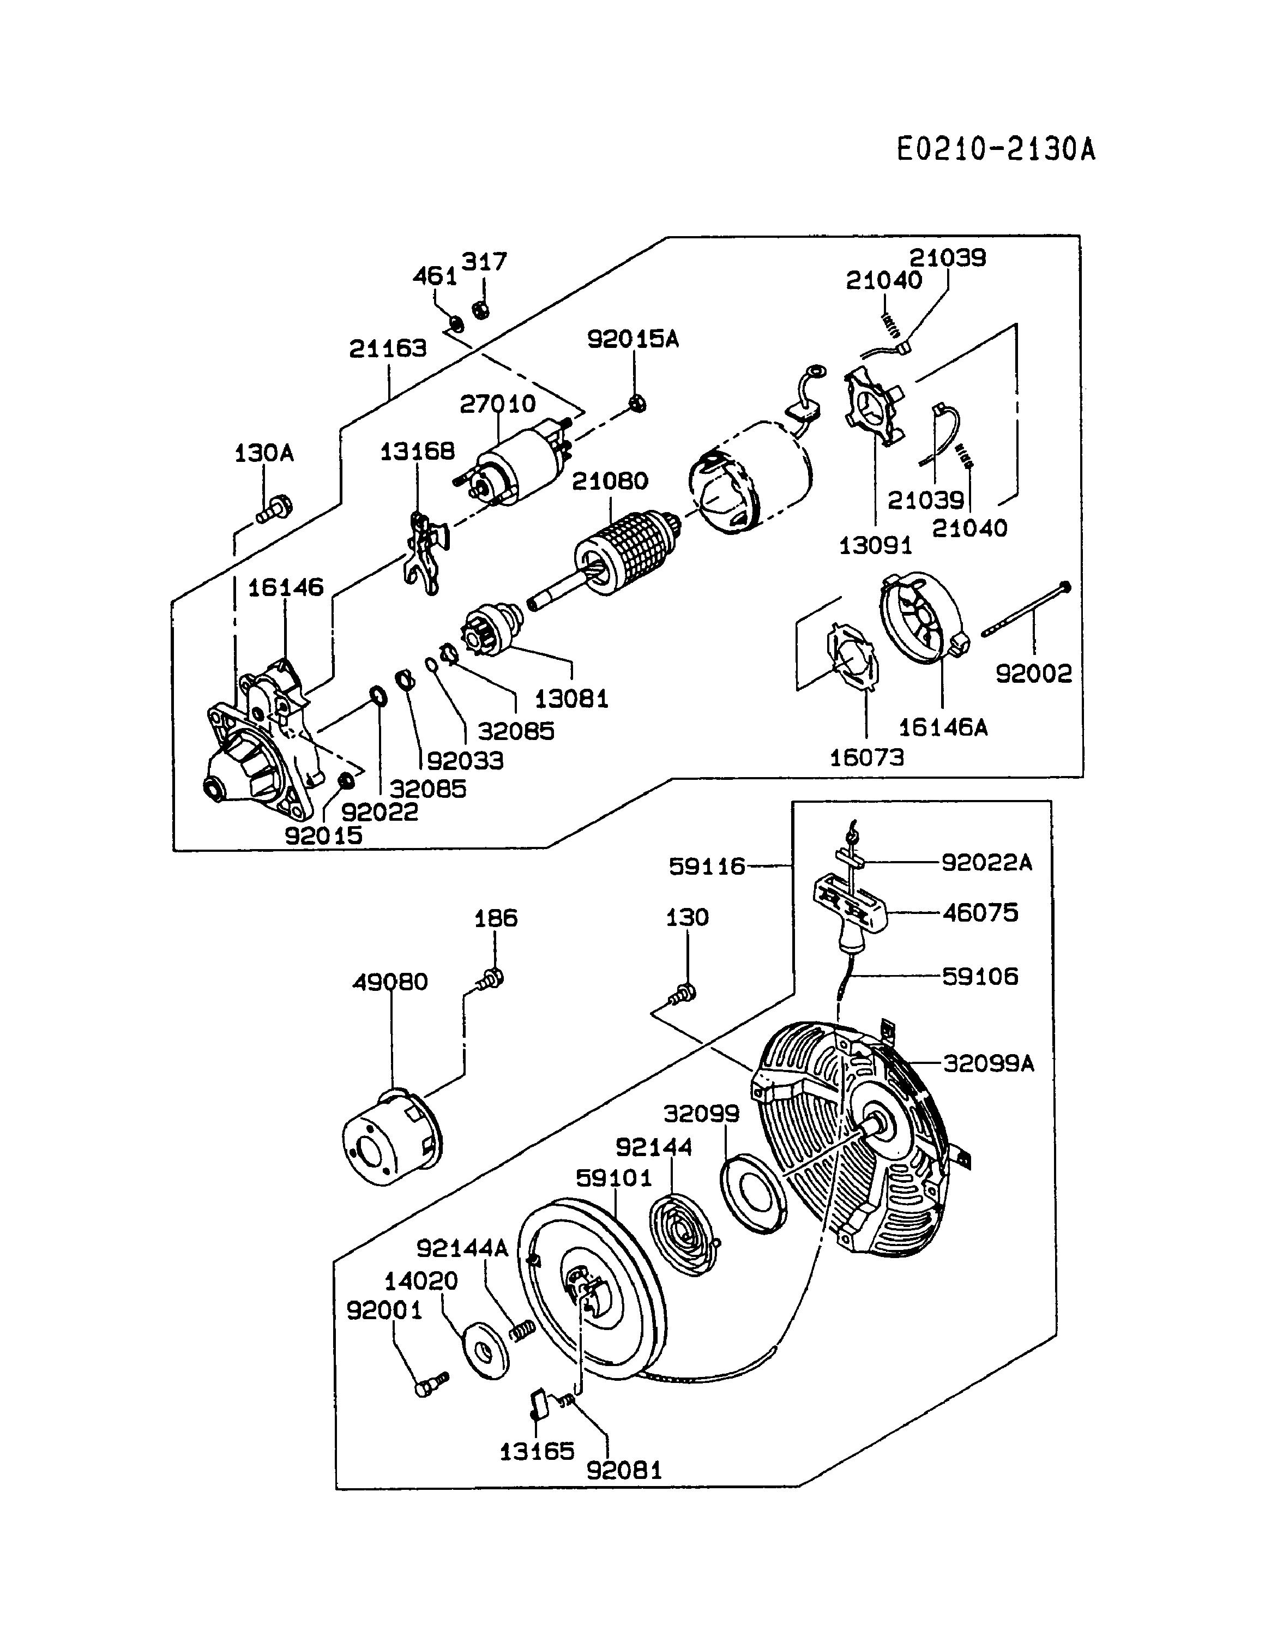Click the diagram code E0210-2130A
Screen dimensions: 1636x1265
point(996,149)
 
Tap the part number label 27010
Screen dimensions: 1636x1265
point(497,404)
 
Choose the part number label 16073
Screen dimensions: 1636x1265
point(866,757)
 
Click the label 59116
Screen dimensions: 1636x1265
point(707,867)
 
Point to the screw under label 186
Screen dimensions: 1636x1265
point(491,978)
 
